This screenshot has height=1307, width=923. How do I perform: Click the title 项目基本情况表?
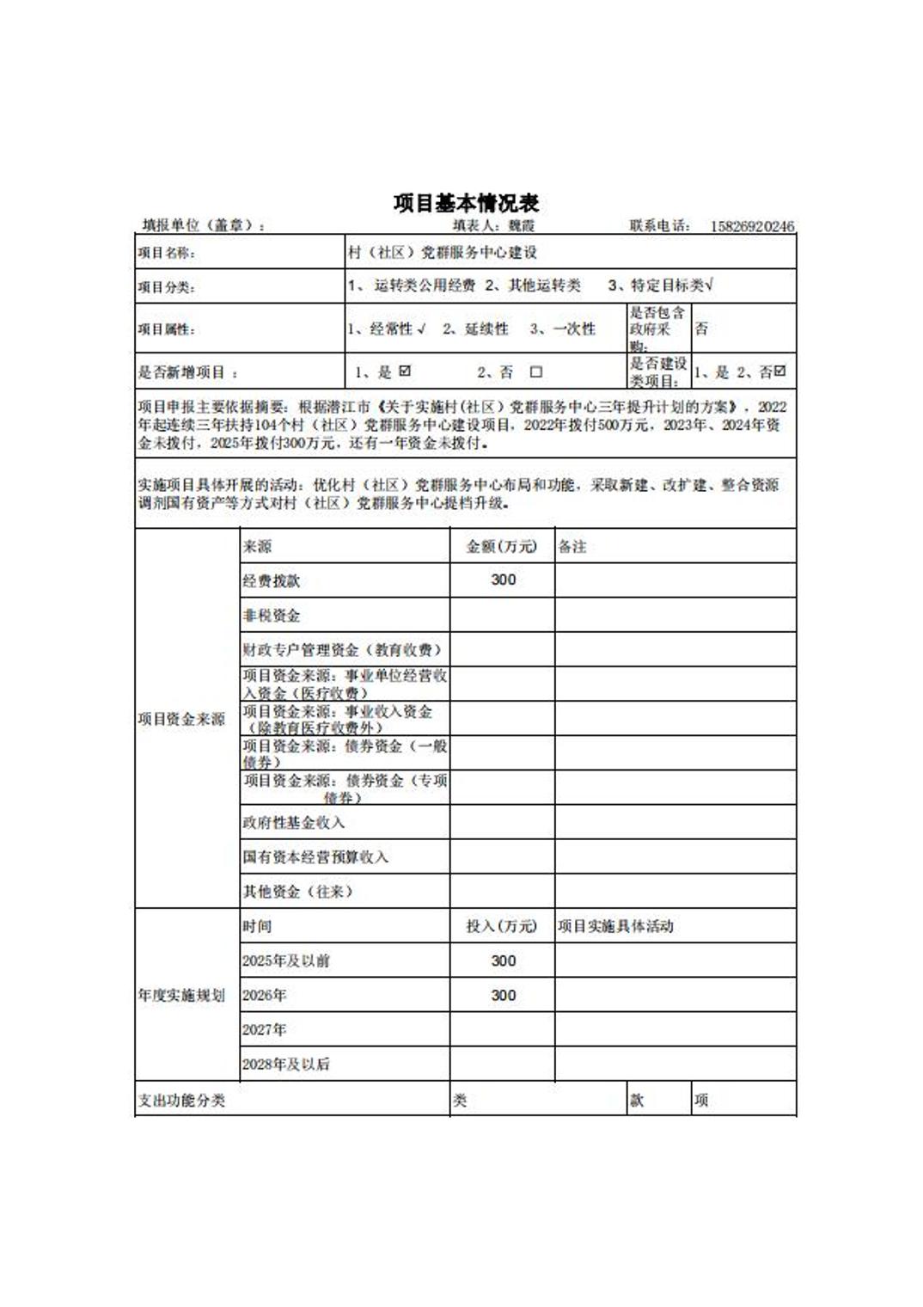coord(466,203)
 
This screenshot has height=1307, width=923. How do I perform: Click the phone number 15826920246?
coord(752,226)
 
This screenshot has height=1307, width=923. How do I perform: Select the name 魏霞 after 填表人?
coord(521,226)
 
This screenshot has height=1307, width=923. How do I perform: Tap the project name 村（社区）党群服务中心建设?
coord(443,252)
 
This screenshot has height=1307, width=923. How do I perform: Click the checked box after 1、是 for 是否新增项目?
coord(406,371)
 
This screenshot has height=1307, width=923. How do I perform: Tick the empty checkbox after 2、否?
coord(536,372)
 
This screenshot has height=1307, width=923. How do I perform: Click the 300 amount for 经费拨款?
coord(503,580)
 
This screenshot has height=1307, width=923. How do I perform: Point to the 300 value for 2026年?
coord(503,995)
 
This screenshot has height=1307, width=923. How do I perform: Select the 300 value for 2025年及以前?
coord(503,960)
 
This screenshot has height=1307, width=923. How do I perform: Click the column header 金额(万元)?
coord(501,546)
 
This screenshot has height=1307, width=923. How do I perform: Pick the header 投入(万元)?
coord(501,926)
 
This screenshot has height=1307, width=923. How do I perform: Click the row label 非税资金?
coord(272,616)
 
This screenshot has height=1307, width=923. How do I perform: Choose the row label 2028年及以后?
coord(285,1064)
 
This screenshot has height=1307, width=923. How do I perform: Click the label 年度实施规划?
coord(181,995)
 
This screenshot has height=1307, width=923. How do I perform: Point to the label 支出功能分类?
coord(181,1101)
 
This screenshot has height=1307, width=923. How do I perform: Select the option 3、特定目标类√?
coord(660,285)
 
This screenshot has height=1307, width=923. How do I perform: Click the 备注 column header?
coord(572,546)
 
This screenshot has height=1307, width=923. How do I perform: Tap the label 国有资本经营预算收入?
coord(315,857)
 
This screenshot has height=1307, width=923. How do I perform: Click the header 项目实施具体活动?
coord(615,926)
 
